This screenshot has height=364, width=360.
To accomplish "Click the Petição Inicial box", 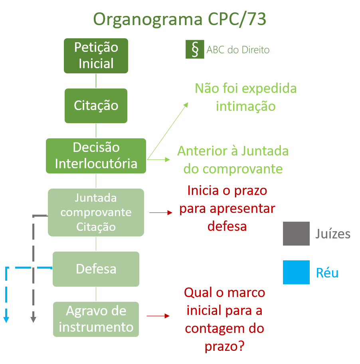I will coord(96,55).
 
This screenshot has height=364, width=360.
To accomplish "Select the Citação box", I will coord(96,106).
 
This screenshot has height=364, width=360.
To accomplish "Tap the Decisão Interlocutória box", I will coord(96,155).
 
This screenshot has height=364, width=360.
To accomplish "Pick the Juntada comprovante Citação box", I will coord(96,212).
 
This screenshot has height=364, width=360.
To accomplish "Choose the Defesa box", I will coord(96,269).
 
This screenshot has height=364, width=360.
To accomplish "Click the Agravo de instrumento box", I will coord(96,319).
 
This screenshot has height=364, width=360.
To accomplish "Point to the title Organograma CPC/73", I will coord(180,19).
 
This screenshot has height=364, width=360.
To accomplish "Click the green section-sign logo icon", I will coord(195,49).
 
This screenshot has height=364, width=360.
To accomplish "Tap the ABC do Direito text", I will coord(238,50).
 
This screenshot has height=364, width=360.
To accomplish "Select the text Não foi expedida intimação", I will coord(245,97).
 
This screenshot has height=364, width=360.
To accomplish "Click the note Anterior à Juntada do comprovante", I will coord(233,160).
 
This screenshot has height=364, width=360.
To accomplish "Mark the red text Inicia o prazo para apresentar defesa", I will coord(227,209).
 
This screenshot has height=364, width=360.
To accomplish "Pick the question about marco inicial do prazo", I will coord(224,319).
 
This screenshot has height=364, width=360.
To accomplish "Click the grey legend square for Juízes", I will coord(296,233).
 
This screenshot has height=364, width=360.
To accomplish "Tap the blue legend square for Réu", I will coord(296,272).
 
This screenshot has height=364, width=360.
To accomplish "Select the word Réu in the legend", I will coord(327,273).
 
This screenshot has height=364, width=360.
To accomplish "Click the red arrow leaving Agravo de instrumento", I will coord(158,316).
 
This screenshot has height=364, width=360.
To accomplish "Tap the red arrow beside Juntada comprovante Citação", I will coord(161,213).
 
